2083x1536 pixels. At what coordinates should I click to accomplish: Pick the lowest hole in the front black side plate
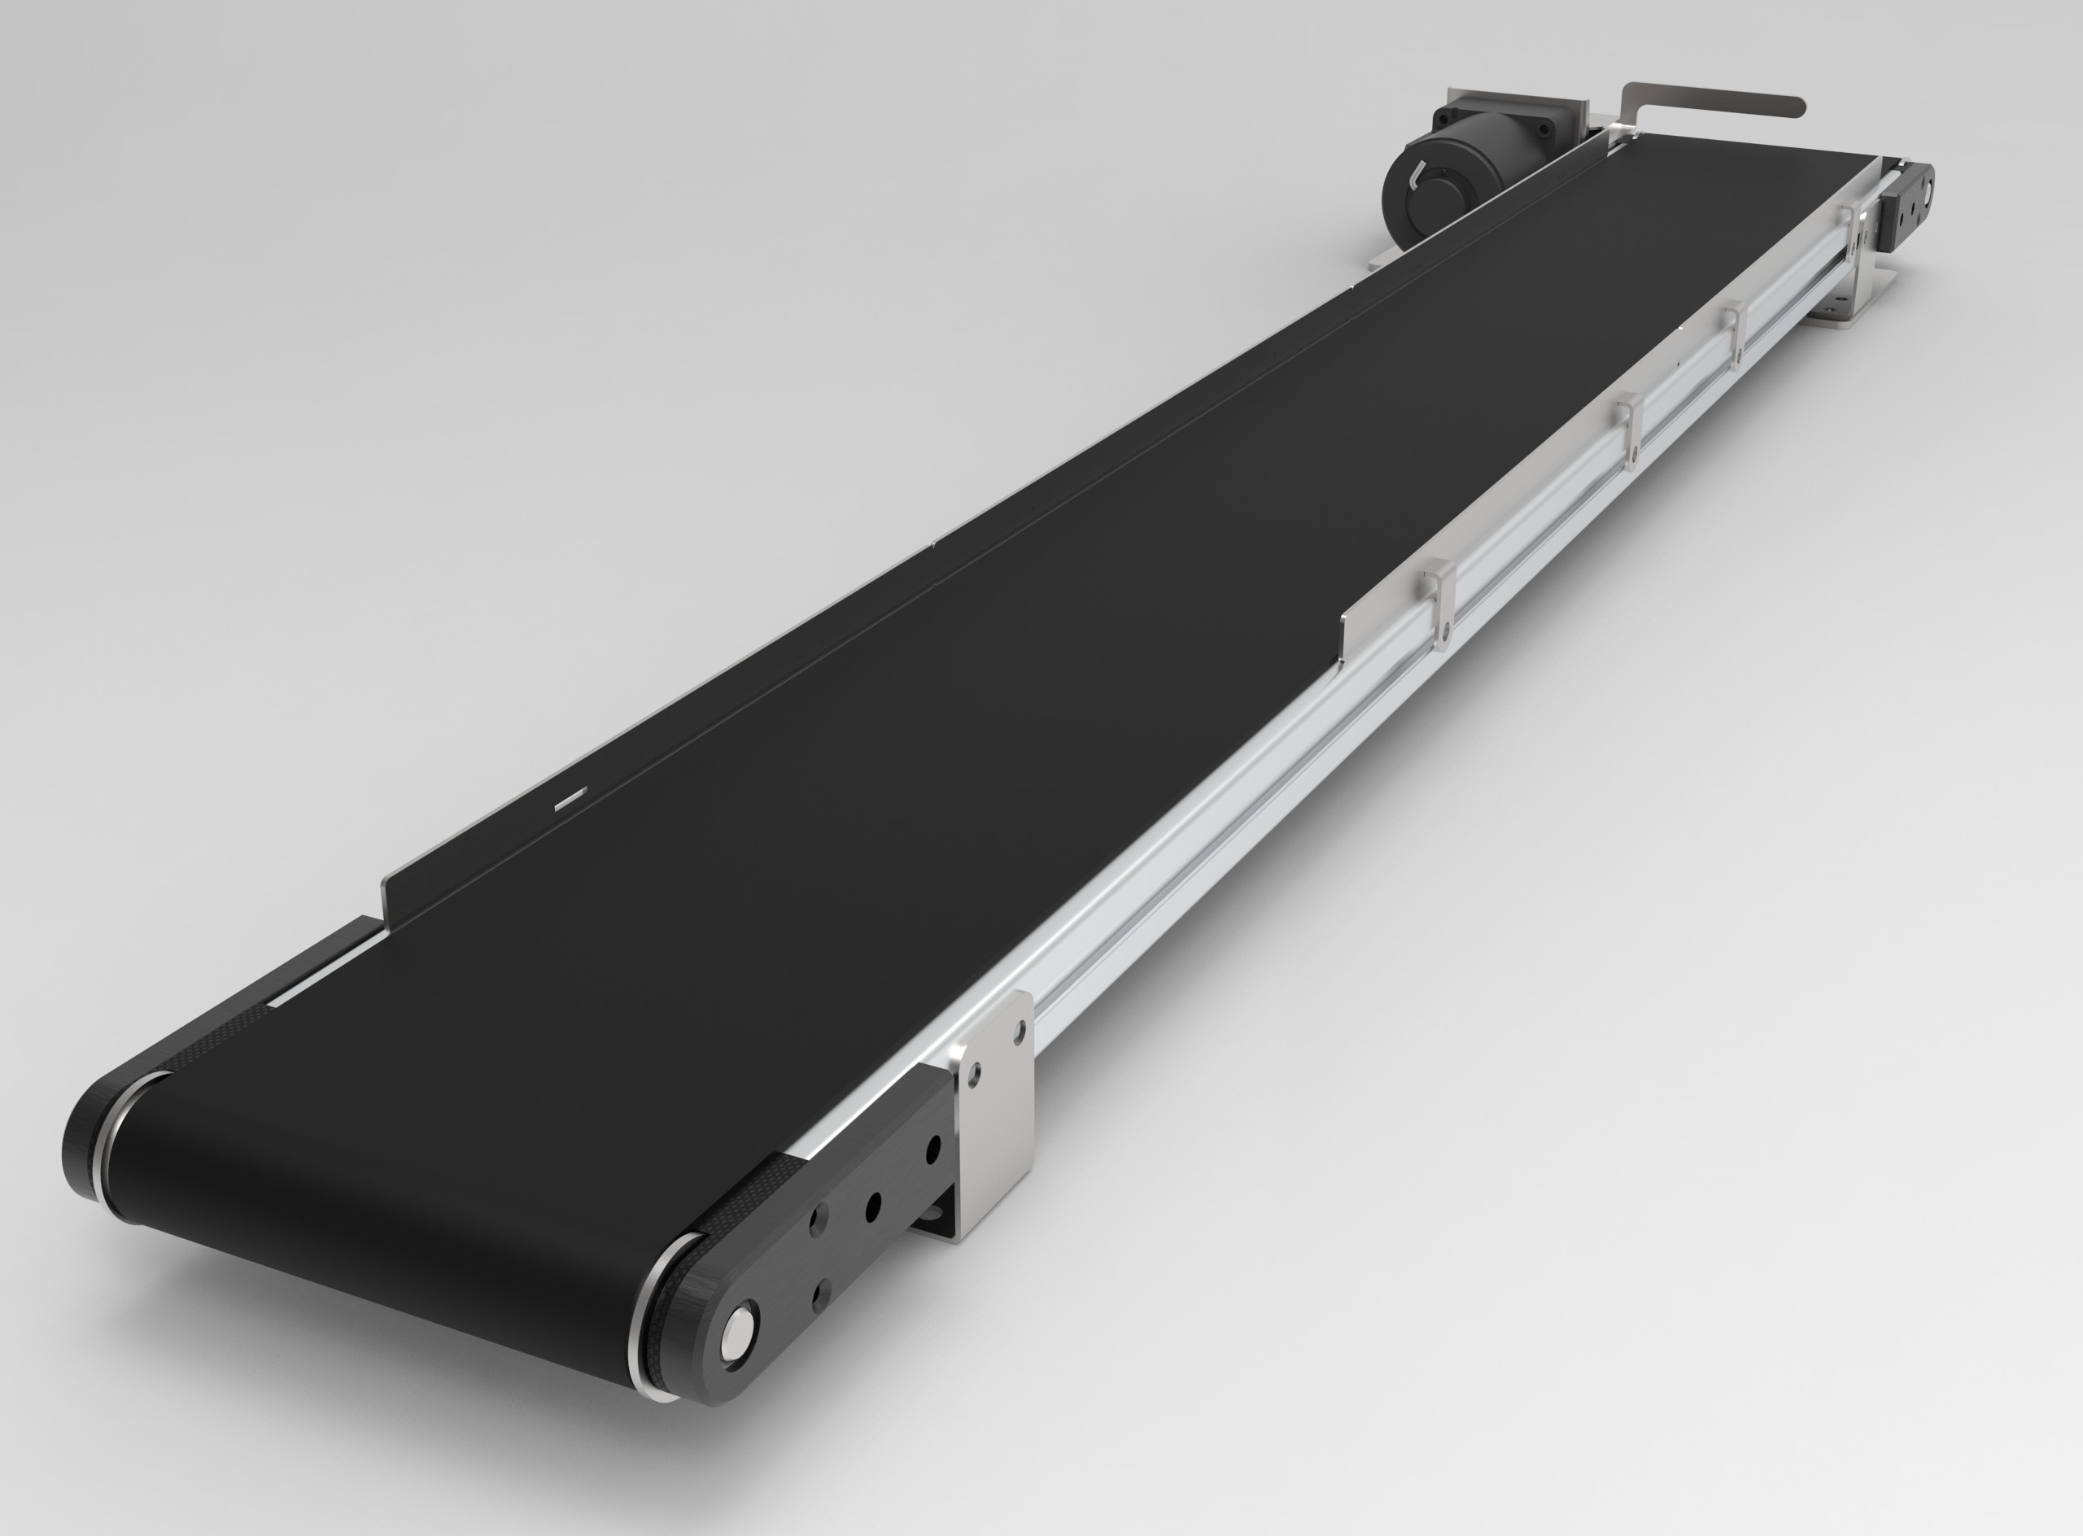[821, 1293]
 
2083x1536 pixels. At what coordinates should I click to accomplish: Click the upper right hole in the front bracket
[1020, 1030]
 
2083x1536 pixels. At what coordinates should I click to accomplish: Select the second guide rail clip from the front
[1630, 428]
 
